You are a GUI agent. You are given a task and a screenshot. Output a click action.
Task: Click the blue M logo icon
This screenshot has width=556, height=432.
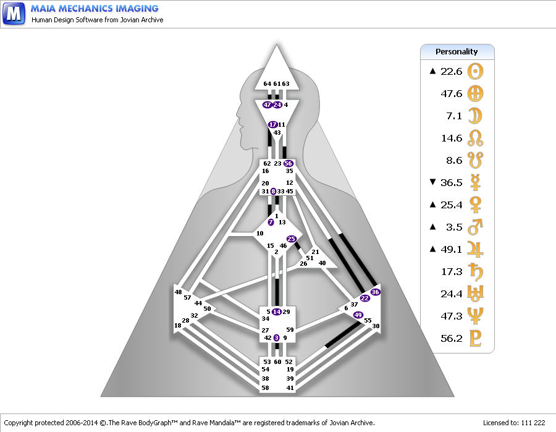[x=14, y=14]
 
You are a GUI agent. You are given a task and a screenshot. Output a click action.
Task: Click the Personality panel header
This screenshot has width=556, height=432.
[x=457, y=52]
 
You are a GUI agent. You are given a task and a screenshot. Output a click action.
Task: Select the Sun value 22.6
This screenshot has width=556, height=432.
[x=452, y=72]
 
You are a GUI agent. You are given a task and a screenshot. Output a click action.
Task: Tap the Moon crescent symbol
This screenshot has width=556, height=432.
[x=475, y=116]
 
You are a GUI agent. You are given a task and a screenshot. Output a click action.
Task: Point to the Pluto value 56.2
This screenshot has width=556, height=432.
[x=452, y=338]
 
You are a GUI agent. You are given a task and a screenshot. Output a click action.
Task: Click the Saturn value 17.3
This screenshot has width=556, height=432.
[x=452, y=272]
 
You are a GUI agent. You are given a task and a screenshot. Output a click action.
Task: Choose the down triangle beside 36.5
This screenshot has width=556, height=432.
[x=432, y=182]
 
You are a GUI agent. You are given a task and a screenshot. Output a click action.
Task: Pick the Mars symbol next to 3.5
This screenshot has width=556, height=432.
[x=475, y=227]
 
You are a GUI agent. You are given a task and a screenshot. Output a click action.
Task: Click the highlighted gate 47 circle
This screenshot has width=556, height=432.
[x=267, y=104]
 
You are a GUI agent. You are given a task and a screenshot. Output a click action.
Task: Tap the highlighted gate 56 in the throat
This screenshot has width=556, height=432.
[x=289, y=164]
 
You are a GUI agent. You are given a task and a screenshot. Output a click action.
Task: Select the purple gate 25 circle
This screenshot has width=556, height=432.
[x=292, y=239]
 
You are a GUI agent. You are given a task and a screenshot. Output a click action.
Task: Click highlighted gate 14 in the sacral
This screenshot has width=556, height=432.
[x=277, y=311]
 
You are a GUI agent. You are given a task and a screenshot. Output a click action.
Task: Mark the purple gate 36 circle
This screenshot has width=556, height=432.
[x=375, y=292]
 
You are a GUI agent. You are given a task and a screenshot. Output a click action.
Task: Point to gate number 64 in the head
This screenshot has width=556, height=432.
[x=267, y=83]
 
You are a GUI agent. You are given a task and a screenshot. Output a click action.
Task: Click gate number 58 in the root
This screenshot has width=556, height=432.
[x=265, y=388]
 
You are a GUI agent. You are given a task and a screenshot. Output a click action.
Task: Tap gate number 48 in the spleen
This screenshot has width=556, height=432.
[x=178, y=292]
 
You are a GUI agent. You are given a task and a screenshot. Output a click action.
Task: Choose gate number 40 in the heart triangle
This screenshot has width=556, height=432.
[x=322, y=263]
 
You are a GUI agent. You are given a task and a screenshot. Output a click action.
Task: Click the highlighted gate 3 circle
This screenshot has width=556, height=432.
[x=277, y=337]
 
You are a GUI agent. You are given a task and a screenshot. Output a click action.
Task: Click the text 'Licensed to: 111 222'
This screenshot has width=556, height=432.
[x=514, y=423]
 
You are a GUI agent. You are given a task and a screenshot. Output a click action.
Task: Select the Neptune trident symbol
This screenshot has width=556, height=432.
[x=475, y=316]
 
